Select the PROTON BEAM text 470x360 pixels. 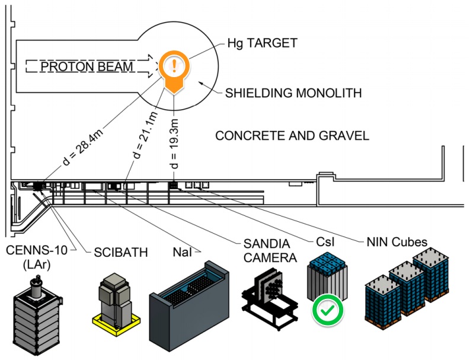click(87, 66)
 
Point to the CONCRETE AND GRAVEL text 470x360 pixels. click(292, 135)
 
